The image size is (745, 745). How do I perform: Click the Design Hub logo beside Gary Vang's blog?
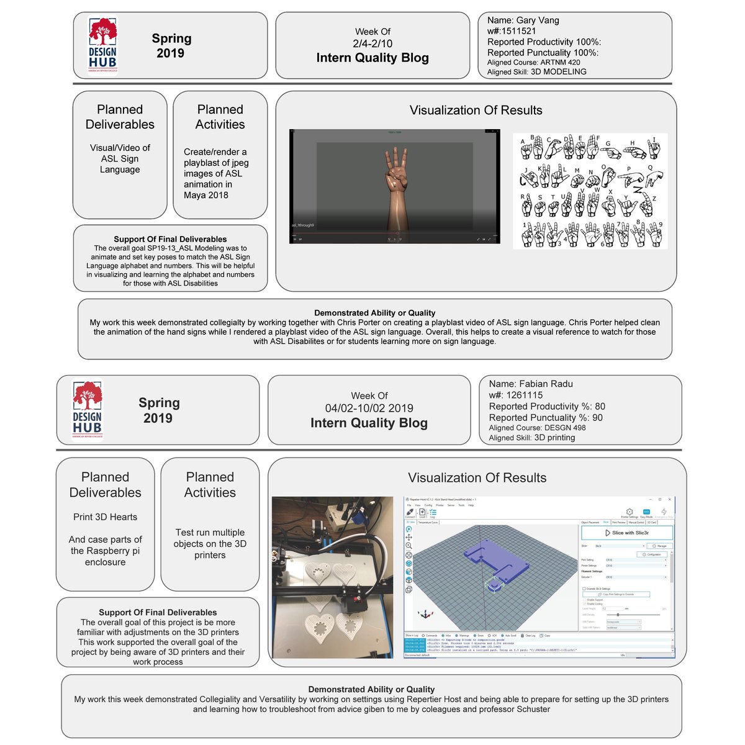click(x=102, y=45)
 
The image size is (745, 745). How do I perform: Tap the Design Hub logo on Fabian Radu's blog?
click(x=87, y=410)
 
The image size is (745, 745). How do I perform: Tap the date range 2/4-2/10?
click(x=372, y=43)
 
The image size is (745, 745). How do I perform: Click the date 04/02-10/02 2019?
click(x=369, y=408)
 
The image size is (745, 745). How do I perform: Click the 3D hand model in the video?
click(x=395, y=186)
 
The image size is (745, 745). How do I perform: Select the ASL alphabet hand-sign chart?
click(x=590, y=191)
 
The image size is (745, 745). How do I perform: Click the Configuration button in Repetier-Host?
click(x=652, y=554)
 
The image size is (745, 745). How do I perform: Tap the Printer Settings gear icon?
click(x=629, y=512)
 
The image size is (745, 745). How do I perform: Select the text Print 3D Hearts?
click(x=105, y=517)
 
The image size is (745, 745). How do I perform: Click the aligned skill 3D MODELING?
click(x=558, y=71)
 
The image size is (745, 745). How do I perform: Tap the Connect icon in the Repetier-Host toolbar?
click(x=410, y=513)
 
